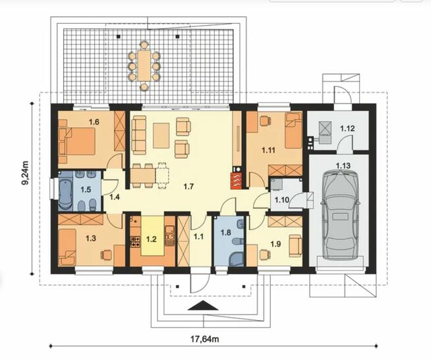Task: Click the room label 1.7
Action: (189, 187)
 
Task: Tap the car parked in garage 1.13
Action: (340, 214)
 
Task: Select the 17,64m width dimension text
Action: (205, 339)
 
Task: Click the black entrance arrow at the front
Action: (203, 305)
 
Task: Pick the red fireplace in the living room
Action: (237, 181)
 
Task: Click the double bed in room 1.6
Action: (77, 141)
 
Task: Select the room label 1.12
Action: (347, 129)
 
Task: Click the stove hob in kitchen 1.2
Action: (135, 241)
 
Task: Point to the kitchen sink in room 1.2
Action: (169, 235)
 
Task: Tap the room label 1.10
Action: (282, 200)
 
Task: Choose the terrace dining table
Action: (144, 65)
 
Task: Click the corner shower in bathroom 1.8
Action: (236, 259)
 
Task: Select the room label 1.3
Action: (91, 238)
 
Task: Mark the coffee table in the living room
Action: (161, 136)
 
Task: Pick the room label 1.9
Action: (275, 244)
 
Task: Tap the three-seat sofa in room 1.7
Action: (139, 135)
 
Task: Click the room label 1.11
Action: (268, 150)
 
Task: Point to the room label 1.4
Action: (115, 197)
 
